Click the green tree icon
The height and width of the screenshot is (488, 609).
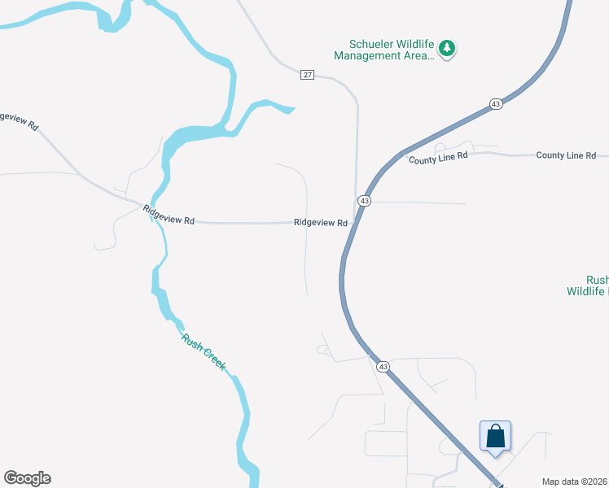(446, 49)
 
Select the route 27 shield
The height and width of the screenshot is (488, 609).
(306, 75)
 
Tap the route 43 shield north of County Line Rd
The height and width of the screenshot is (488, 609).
(495, 103)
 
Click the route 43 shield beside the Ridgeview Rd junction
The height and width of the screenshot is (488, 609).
(364, 201)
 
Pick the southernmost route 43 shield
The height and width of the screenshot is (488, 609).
(383, 367)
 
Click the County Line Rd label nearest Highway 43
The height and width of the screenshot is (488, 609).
(439, 158)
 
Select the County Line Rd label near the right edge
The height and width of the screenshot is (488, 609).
(566, 155)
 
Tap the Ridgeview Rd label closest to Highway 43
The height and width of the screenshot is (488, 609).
(321, 222)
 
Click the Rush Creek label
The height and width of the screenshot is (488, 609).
(204, 353)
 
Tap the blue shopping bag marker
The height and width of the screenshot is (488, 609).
(495, 437)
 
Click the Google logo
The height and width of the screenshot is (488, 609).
(27, 478)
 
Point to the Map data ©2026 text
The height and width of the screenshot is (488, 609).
(575, 481)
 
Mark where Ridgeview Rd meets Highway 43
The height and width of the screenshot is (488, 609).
(353, 222)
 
